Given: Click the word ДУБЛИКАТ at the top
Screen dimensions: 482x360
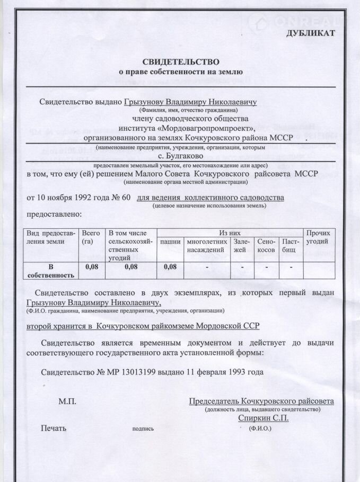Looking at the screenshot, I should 311,33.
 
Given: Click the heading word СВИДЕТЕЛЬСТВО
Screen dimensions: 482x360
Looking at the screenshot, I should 180,61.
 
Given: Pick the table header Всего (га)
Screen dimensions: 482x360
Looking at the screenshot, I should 91,237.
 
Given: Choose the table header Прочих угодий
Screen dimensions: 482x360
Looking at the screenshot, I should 319,237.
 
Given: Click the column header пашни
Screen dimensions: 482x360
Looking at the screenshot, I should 170,242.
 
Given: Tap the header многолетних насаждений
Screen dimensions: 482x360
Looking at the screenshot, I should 206,245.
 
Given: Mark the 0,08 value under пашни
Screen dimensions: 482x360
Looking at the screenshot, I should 170,267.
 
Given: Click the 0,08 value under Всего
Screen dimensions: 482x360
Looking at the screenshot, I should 92,267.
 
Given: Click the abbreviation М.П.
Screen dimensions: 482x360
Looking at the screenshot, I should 67,402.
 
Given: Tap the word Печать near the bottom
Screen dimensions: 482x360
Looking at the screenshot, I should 54,428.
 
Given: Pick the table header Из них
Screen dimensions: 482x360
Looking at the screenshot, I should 231,233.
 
